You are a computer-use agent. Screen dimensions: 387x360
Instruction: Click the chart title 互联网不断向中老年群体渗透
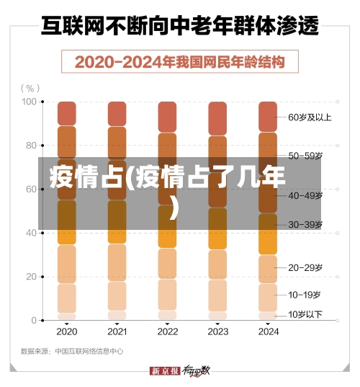pos(179,27)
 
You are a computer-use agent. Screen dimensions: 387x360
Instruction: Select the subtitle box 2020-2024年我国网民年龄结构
pos(179,62)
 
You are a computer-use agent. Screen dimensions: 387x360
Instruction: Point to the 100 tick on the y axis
pos(29,102)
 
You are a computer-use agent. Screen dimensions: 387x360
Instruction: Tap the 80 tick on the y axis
pos(31,146)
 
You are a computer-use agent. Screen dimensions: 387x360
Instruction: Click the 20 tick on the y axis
pos(31,277)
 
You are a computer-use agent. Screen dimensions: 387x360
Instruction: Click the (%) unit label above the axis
pos(31,88)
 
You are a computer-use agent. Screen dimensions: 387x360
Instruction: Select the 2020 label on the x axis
pos(66,332)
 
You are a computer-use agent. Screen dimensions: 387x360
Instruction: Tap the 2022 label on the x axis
pos(167,332)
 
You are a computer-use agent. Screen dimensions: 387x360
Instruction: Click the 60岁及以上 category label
pos(310,117)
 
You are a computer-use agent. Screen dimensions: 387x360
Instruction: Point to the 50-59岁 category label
pos(305,155)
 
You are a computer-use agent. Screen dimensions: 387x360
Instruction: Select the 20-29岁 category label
pos(305,267)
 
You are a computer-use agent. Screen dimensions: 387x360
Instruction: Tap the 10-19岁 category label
pos(305,295)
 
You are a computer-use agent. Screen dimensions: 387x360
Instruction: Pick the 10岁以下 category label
pos(305,313)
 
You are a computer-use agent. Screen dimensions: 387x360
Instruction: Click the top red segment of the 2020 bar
pos(67,113)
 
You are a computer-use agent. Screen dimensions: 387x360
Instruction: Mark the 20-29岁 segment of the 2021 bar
pos(117,262)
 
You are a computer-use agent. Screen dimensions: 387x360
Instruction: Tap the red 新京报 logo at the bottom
pos(164,370)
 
